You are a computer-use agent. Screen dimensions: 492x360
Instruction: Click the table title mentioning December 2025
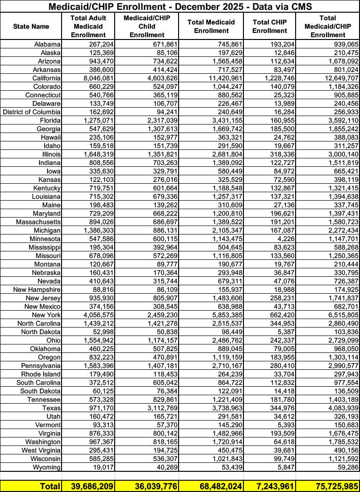180,6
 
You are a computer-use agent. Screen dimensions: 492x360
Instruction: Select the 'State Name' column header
31,26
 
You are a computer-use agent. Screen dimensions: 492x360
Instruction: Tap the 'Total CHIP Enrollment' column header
269,26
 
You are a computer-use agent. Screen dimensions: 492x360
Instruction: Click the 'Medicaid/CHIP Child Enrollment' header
147,26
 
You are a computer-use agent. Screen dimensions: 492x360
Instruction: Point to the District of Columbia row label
31,112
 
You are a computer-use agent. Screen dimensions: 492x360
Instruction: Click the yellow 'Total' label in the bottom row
49,485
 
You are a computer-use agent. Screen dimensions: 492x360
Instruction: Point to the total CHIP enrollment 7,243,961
271,485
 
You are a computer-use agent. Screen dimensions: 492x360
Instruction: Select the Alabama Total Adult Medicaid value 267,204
98,44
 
